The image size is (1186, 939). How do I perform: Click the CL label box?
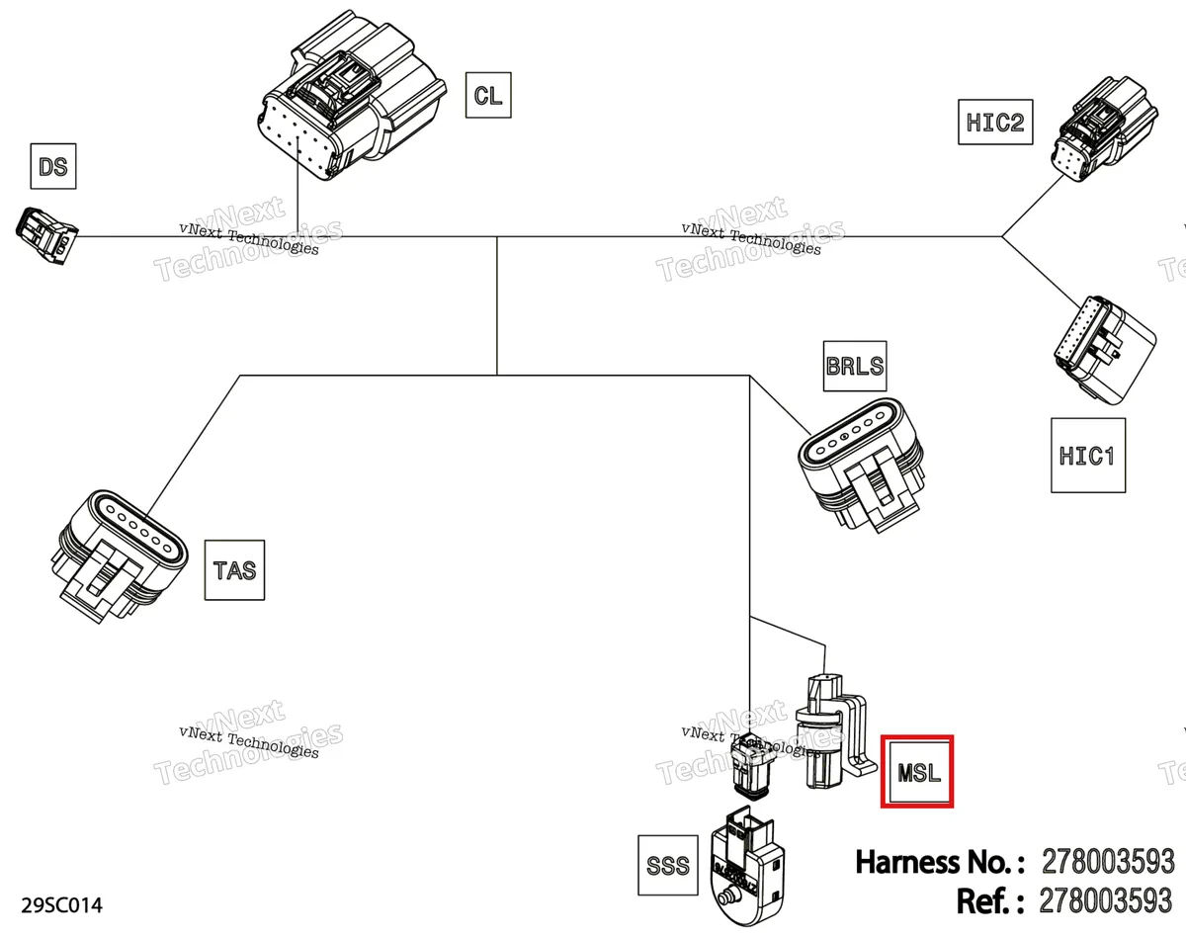(488, 95)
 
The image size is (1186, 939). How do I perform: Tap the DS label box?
(53, 166)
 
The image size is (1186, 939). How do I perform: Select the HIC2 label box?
(995, 122)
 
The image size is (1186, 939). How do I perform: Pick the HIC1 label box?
(1088, 455)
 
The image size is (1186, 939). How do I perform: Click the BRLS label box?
(855, 366)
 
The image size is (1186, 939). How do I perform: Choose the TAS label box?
(234, 569)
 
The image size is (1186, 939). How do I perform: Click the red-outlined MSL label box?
(917, 771)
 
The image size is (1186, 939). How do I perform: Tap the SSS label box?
(668, 865)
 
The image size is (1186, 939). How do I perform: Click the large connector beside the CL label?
(352, 97)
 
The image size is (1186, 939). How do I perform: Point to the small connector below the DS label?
(46, 235)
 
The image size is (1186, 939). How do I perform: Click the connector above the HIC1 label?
(1104, 350)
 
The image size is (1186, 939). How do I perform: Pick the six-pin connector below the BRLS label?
(861, 465)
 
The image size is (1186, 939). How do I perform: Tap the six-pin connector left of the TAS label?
(122, 555)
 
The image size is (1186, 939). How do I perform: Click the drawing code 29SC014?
(61, 905)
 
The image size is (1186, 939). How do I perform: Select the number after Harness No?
(1108, 862)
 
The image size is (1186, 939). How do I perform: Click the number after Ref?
(1106, 901)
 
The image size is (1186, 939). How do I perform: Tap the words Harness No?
(940, 862)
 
